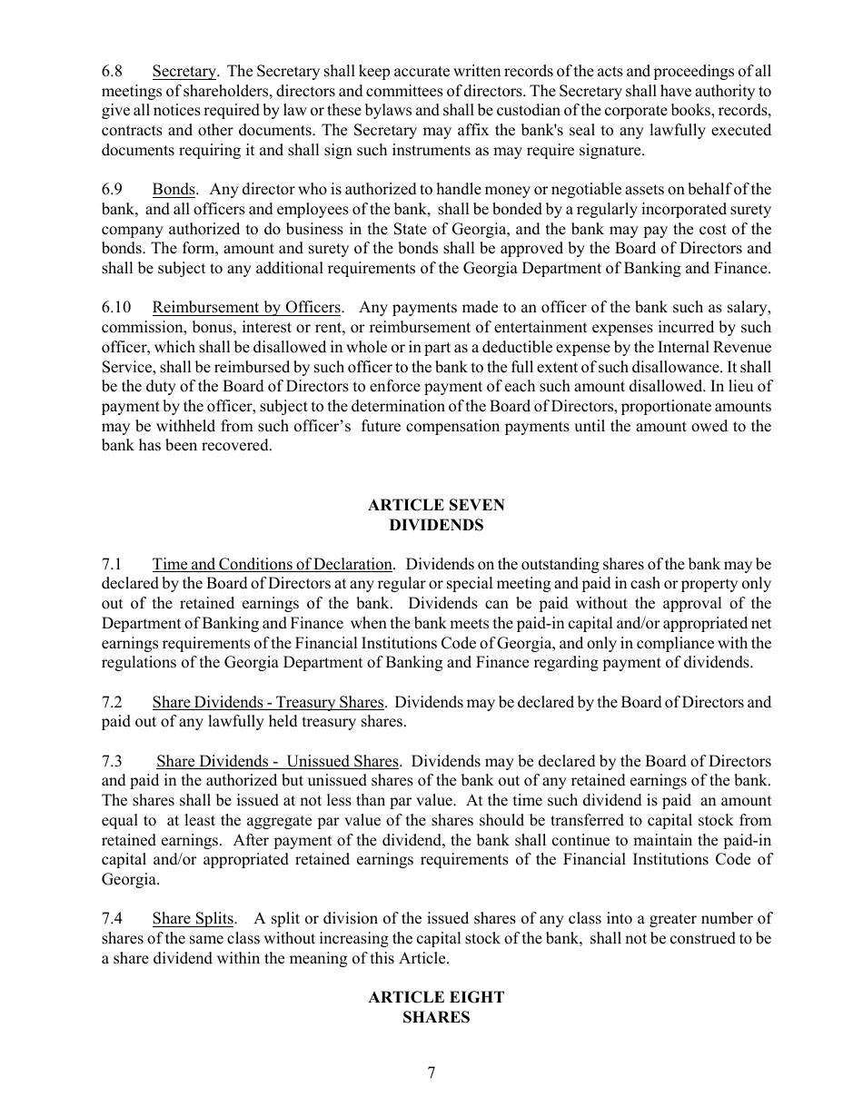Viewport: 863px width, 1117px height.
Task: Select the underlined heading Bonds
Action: click(x=174, y=190)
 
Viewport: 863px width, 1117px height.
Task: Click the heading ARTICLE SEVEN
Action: click(x=435, y=505)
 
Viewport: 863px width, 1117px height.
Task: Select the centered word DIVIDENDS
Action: click(x=435, y=525)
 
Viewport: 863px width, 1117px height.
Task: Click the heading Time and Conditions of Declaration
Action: click(x=273, y=565)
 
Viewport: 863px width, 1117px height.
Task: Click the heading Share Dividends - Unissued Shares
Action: click(x=277, y=761)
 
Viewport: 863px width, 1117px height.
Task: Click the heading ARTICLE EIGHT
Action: click(x=435, y=997)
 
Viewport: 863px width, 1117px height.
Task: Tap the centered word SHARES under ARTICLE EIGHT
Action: click(x=435, y=1017)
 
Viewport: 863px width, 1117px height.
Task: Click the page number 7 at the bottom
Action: click(x=431, y=1073)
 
